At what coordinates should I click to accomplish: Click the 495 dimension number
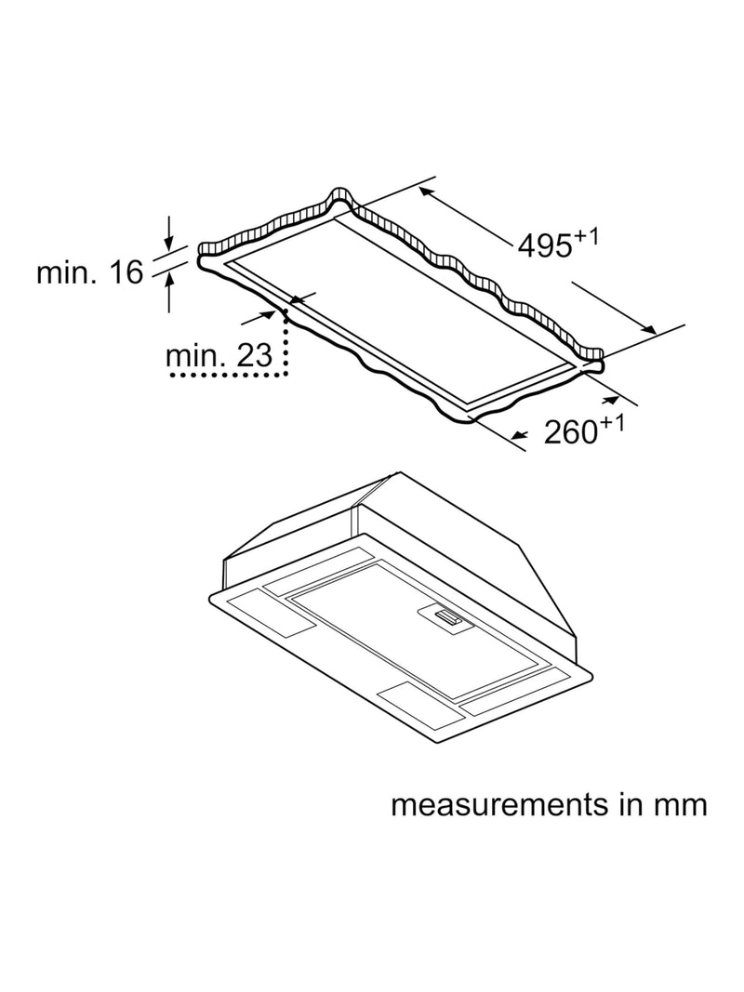pyautogui.click(x=545, y=245)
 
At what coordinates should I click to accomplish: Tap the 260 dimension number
pyautogui.click(x=571, y=432)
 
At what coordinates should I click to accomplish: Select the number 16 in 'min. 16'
pyautogui.click(x=126, y=272)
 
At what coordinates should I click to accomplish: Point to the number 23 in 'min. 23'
pyautogui.click(x=254, y=355)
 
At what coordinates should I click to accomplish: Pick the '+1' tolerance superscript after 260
pyautogui.click(x=612, y=424)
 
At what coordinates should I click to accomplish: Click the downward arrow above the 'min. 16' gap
pyautogui.click(x=169, y=232)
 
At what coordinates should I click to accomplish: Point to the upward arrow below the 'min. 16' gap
pyautogui.click(x=169, y=292)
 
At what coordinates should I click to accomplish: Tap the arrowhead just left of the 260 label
pyautogui.click(x=520, y=435)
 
